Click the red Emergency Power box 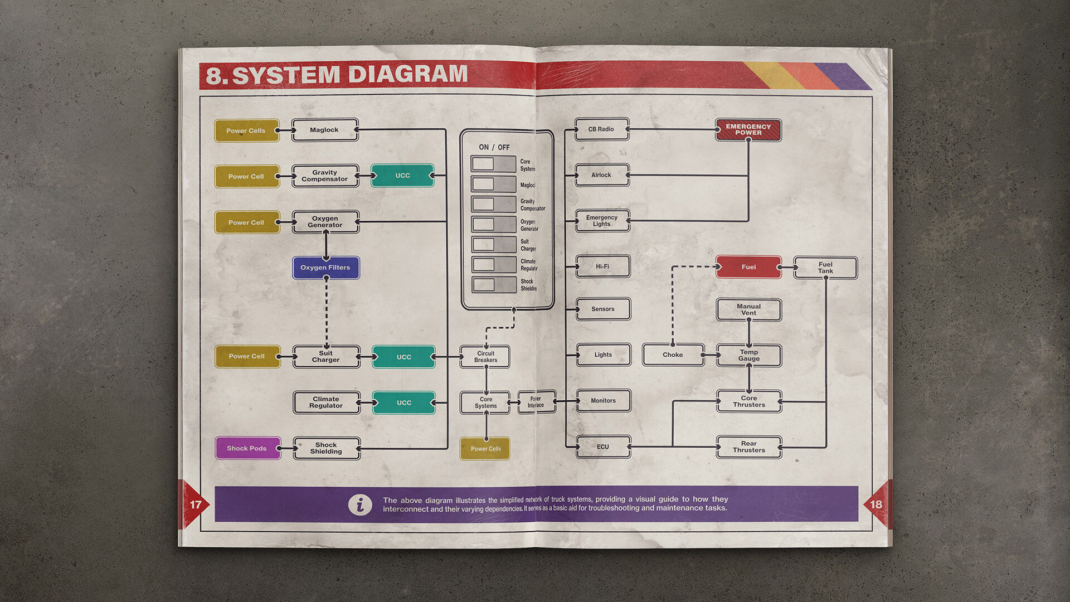coord(748,130)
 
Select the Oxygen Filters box coord(325,268)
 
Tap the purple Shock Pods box coord(247,448)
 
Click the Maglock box coord(324,130)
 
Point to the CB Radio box coord(601,129)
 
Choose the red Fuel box coord(748,267)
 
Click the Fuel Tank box coord(825,268)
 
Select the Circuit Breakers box coord(485,357)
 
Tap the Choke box coord(673,355)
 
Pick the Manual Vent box coord(748,310)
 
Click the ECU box coord(603,447)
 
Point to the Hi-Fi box coord(602,266)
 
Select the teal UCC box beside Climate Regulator coord(403,402)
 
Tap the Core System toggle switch coord(493,164)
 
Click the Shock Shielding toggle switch coord(493,285)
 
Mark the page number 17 coord(196,504)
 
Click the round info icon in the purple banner coord(360,504)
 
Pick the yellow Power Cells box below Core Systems coord(485,449)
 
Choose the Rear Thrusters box coord(748,447)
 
